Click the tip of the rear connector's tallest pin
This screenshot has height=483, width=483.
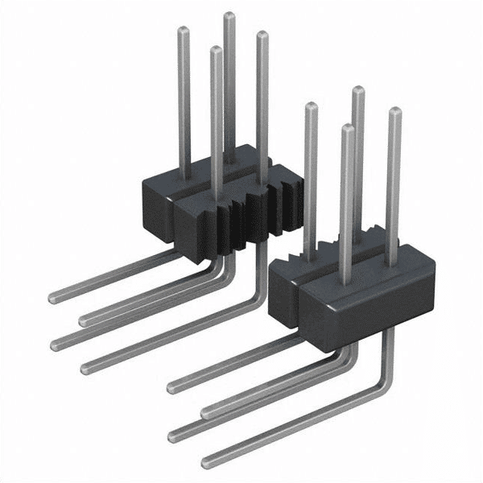tap(229, 16)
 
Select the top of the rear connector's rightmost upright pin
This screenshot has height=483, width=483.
tap(261, 35)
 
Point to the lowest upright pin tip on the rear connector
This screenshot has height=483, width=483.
tap(215, 51)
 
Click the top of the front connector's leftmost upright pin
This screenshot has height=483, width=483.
tap(310, 107)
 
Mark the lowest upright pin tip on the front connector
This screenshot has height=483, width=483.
tap(346, 128)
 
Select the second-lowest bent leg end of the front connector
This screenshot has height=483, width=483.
tap(174, 436)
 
